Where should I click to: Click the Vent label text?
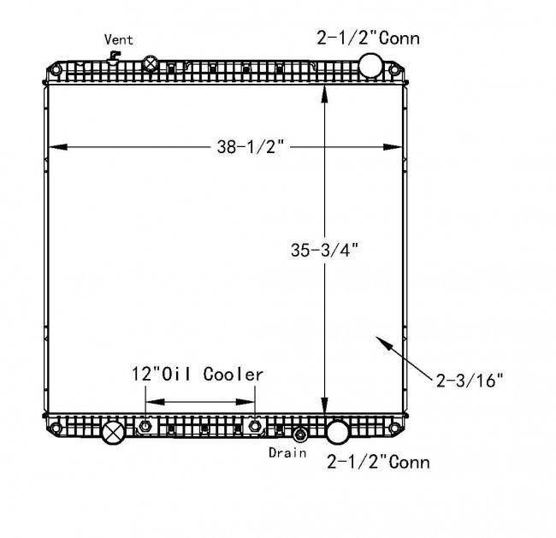[119, 39]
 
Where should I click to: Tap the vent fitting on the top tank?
[114, 57]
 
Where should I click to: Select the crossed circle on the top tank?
[151, 64]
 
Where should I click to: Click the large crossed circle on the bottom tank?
[113, 433]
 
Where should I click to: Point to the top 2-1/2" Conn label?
[368, 38]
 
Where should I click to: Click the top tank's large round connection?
[370, 65]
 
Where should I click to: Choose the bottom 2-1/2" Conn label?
[378, 462]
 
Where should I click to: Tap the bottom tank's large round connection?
[337, 432]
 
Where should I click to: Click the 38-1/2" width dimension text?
[251, 146]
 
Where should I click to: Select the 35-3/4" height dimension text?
[325, 250]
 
